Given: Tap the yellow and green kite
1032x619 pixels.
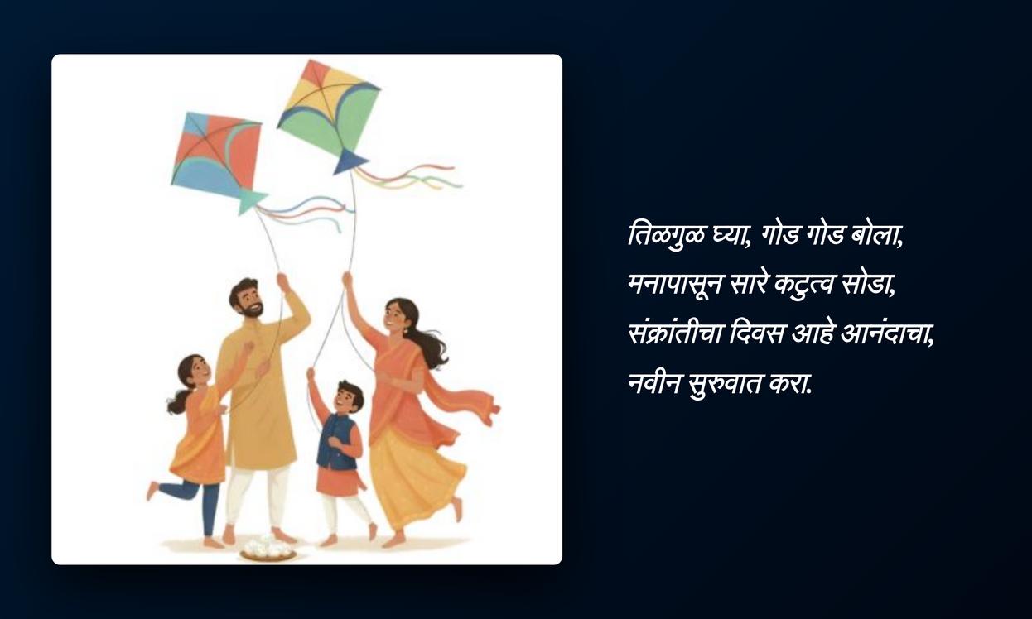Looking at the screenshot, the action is (x=330, y=110).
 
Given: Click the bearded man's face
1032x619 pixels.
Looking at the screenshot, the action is (x=248, y=301).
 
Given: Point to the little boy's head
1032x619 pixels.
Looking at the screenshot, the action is (x=349, y=396).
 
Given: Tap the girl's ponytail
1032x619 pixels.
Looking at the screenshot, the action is (x=178, y=401).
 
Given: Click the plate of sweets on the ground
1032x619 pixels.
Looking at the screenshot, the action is (x=268, y=550).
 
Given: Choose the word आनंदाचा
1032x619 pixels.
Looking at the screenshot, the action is (x=886, y=333).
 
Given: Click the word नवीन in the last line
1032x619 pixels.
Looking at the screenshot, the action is (x=654, y=383).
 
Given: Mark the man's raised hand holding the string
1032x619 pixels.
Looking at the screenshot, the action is (x=282, y=281).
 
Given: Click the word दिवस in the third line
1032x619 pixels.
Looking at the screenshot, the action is (x=756, y=333).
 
